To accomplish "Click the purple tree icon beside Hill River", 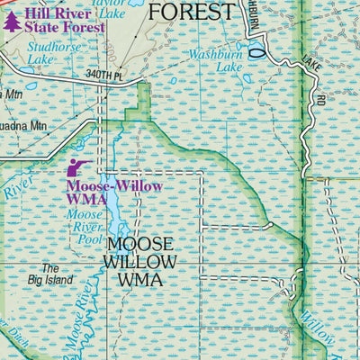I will [11, 21].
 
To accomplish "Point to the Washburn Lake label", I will [215, 60].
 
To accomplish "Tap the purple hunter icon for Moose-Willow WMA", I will [78, 167].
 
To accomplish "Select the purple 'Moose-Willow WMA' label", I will [100, 193].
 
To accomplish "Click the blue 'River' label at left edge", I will [16, 190].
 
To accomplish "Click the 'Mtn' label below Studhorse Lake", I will [11, 93].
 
